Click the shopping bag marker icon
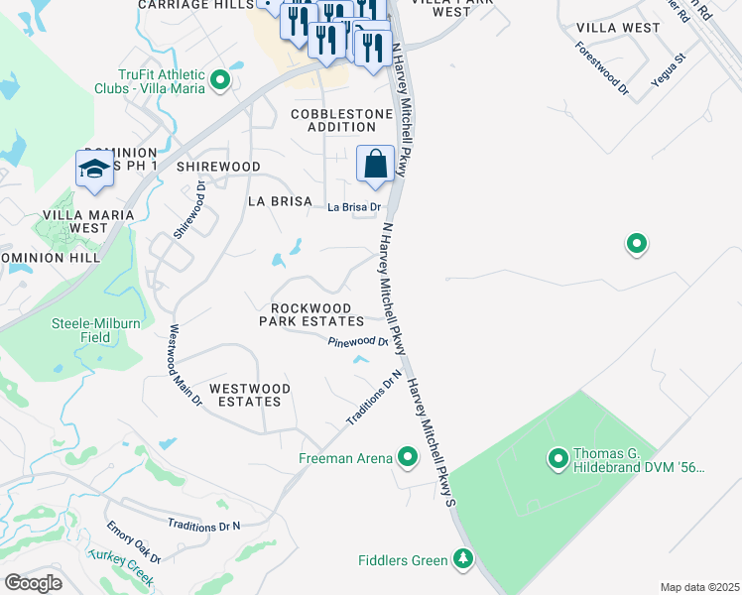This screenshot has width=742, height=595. tap(376, 165)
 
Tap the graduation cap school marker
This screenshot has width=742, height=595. tap(94, 170)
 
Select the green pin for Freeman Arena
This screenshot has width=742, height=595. tap(407, 457)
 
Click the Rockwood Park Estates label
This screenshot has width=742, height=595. tap(311, 313)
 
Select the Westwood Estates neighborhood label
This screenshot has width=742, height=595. tap(249, 395)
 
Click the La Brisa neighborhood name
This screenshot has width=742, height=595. tap(280, 201)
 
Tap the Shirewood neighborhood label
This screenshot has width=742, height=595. tap(218, 167)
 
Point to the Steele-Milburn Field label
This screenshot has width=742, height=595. tap(94, 329)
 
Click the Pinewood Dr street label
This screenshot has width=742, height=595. tap(358, 341)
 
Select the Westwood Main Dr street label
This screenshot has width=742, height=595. tap(185, 366)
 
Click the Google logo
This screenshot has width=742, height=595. tap(33, 583)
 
